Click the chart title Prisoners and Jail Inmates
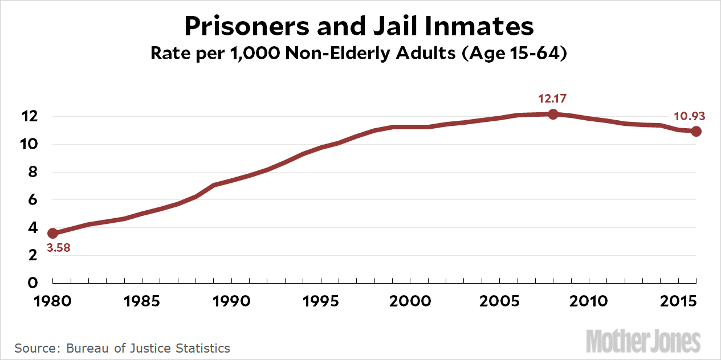coord(360,26)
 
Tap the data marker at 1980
coord(52,233)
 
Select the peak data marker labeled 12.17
coord(552,114)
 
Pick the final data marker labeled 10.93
coord(696,131)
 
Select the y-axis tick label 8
coord(33,172)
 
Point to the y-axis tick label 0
coord(33,283)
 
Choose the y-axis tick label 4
coord(33,228)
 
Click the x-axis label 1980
coord(52,300)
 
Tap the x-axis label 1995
coord(321,300)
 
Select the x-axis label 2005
coord(499,300)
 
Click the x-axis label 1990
coord(231,300)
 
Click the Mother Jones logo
coord(643,341)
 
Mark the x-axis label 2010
coord(589,300)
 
